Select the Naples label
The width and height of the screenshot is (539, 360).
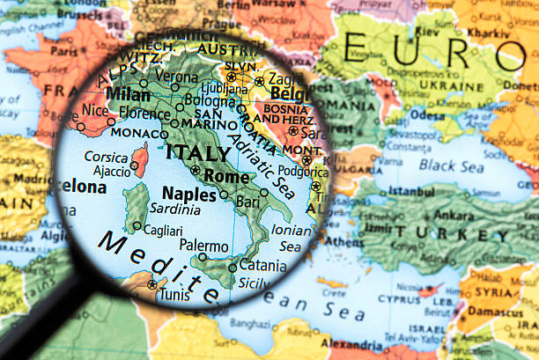pos(188,194)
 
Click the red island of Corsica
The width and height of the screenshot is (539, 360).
pos(139,160)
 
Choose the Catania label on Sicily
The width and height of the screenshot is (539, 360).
pos(262,264)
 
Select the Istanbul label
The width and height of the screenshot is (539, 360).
pos(411,190)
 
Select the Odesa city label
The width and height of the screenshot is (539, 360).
pos(427,115)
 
